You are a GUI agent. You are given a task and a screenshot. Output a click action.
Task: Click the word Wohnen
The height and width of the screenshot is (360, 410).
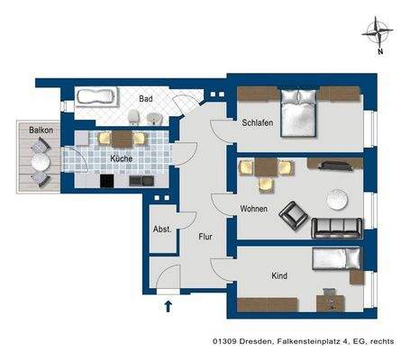(x=253, y=208)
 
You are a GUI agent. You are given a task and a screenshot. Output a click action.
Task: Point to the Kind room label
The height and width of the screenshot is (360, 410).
(x=278, y=275)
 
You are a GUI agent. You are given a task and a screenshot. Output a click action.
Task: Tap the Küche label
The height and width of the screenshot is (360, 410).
(x=122, y=158)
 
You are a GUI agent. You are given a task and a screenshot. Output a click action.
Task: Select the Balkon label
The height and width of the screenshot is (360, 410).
(x=39, y=130)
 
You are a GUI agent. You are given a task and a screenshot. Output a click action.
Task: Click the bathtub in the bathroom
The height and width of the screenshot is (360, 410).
(x=96, y=96)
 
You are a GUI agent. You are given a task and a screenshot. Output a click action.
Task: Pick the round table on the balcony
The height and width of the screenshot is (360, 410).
(x=40, y=163)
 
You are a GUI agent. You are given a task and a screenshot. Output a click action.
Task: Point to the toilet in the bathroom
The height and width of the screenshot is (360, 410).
(x=133, y=115)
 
